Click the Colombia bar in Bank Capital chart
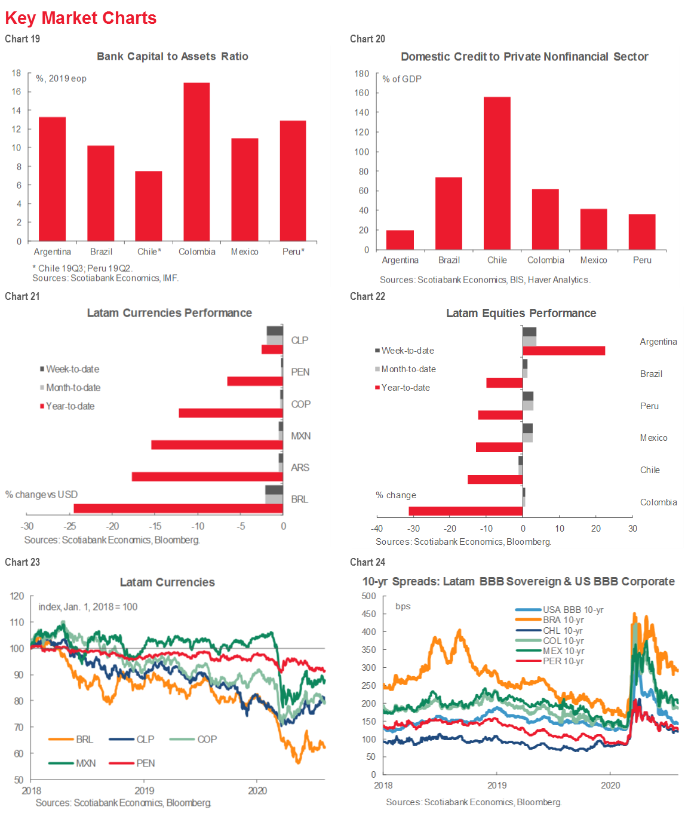pos(196,162)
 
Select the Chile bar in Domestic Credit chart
pos(497,173)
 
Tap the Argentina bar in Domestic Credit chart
pos(400,240)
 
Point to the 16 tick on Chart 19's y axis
pos(16,91)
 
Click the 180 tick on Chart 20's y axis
pos(362,73)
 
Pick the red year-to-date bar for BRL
pos(178,508)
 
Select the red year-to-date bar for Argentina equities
pos(564,351)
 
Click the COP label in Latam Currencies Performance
pos(300,404)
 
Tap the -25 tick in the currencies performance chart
pos(70,526)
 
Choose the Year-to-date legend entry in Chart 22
pos(406,388)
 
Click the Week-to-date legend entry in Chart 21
pos(72,369)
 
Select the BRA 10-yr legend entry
pos(563,620)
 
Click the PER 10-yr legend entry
pos(563,661)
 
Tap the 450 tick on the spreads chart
pos(369,614)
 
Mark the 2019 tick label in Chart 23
pos(144,791)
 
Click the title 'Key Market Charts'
pos(81,19)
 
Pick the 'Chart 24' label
pos(367,562)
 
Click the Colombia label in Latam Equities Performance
pos(658,502)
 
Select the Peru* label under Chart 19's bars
pos(293,252)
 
